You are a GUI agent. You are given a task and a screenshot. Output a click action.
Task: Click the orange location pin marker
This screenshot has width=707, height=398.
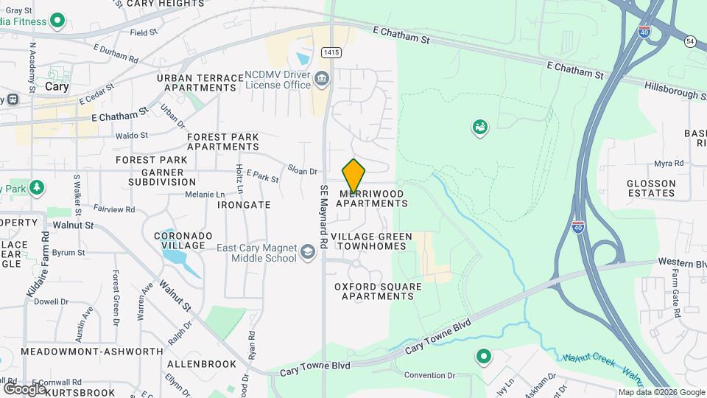353,175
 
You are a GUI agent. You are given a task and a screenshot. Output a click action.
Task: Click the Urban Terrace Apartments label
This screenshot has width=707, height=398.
200,83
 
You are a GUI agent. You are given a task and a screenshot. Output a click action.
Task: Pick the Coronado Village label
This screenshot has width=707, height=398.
183,240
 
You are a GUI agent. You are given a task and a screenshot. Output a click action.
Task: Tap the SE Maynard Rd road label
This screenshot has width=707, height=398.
323,210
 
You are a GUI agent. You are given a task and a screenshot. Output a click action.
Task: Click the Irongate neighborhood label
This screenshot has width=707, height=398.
245,204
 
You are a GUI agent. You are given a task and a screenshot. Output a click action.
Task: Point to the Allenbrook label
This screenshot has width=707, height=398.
202,364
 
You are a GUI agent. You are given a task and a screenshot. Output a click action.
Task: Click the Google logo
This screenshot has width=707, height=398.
24,388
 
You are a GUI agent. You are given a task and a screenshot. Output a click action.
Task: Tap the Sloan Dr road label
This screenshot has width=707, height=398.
302,171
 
